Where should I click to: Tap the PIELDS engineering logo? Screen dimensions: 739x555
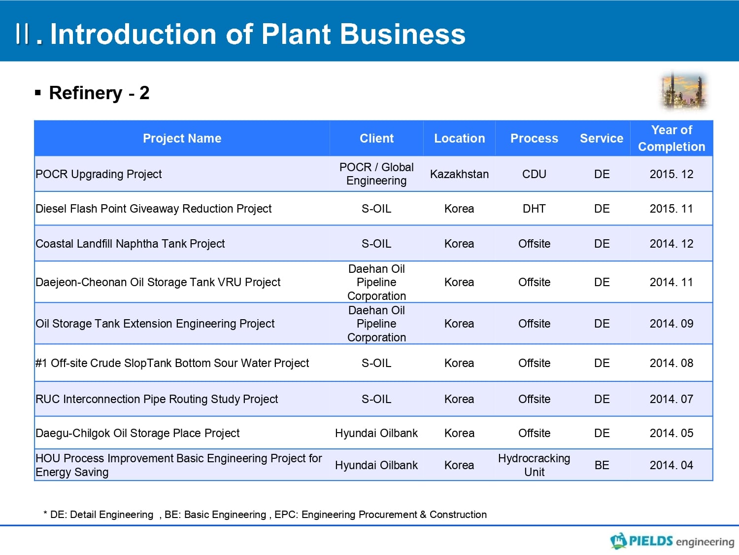[672, 541]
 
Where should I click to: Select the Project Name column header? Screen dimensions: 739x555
[182, 138]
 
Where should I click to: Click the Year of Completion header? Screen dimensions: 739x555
[672, 138]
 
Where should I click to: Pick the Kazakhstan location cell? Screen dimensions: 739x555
[459, 174]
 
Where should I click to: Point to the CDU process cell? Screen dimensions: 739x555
[535, 174]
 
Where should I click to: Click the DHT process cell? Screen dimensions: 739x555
[535, 209]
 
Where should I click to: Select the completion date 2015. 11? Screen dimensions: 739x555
[672, 209]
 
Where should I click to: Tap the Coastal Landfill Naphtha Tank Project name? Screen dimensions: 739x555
[130, 244]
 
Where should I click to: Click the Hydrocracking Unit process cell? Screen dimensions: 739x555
[535, 465]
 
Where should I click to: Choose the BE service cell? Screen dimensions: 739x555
[602, 465]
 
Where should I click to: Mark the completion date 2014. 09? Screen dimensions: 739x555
[672, 324]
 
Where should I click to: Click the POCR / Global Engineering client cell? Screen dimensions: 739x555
[376, 174]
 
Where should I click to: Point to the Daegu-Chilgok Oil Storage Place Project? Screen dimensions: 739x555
[137, 433]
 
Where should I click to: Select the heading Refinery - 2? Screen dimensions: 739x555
[99, 93]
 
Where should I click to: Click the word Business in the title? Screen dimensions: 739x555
[403, 34]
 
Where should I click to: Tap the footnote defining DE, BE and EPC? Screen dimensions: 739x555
[265, 515]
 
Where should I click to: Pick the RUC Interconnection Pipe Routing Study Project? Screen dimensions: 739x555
[157, 399]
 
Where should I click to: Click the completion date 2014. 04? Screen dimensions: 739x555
[672, 465]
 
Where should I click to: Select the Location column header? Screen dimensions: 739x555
[460, 138]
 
